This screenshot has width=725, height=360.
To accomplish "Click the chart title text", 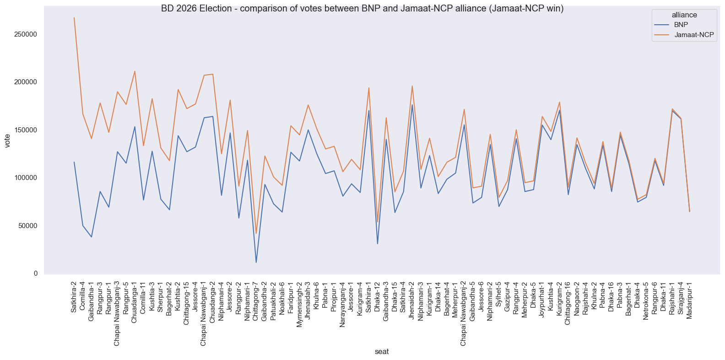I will (x=362, y=9).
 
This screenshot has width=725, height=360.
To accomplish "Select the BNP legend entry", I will (x=681, y=25).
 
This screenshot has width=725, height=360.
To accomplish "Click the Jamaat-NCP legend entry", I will (x=694, y=35).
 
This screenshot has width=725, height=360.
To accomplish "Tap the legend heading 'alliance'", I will (x=684, y=15).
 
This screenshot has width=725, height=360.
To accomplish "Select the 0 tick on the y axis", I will (x=35, y=273).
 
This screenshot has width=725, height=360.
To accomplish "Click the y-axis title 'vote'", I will (x=7, y=140).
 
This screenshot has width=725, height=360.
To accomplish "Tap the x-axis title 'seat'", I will (x=382, y=352).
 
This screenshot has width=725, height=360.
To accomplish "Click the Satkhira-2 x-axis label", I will (x=74, y=297).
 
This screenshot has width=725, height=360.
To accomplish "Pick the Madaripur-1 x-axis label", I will (x=689, y=300).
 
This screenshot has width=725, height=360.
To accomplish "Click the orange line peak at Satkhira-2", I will (x=74, y=18).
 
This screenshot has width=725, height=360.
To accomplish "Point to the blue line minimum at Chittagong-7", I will (x=256, y=262).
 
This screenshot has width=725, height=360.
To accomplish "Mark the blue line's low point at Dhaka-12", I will (x=378, y=243).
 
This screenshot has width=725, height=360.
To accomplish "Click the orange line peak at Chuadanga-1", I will (x=135, y=71).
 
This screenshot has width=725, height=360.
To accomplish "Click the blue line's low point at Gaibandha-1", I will (x=92, y=237).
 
